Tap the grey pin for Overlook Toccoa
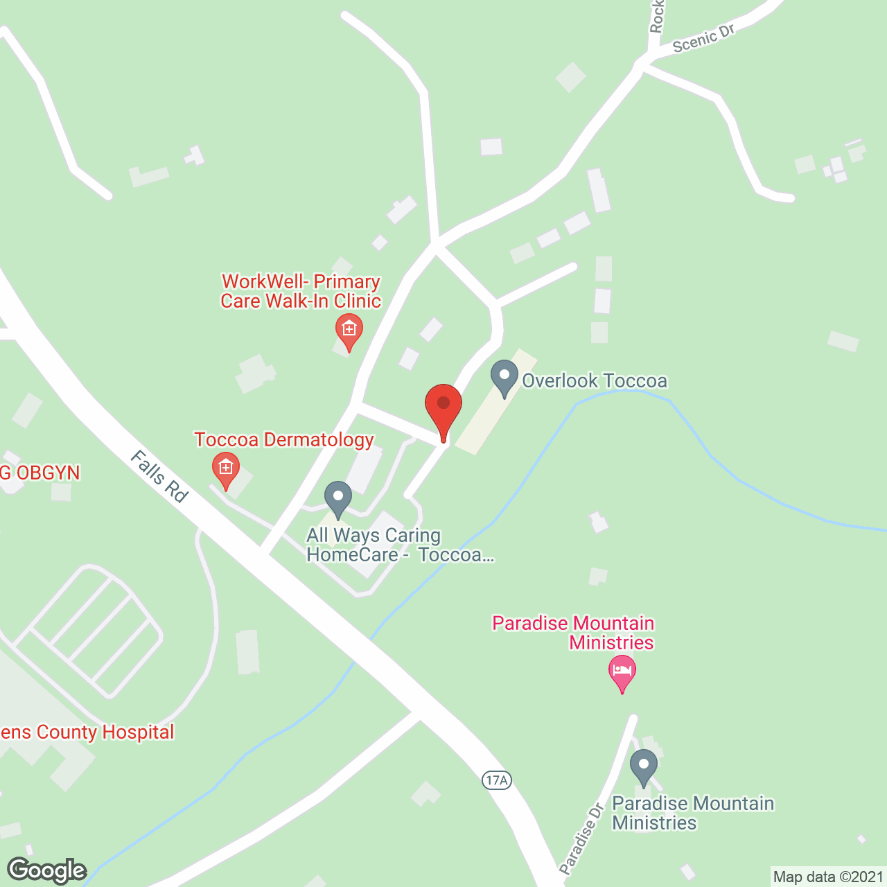(504, 378)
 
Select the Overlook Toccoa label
(594, 381)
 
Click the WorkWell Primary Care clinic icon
(349, 329)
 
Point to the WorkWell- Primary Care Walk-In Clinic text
(301, 292)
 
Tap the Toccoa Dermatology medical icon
(225, 468)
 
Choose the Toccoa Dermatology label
(284, 440)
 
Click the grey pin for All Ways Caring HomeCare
(338, 498)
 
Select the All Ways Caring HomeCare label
(400, 545)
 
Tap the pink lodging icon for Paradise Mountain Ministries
(622, 671)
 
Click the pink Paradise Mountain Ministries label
(573, 633)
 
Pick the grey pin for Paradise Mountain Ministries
(644, 766)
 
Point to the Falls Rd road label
(159, 477)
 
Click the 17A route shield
(496, 780)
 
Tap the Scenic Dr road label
(703, 39)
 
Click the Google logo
(47, 870)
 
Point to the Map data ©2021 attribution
(827, 877)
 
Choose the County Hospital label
(87, 732)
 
